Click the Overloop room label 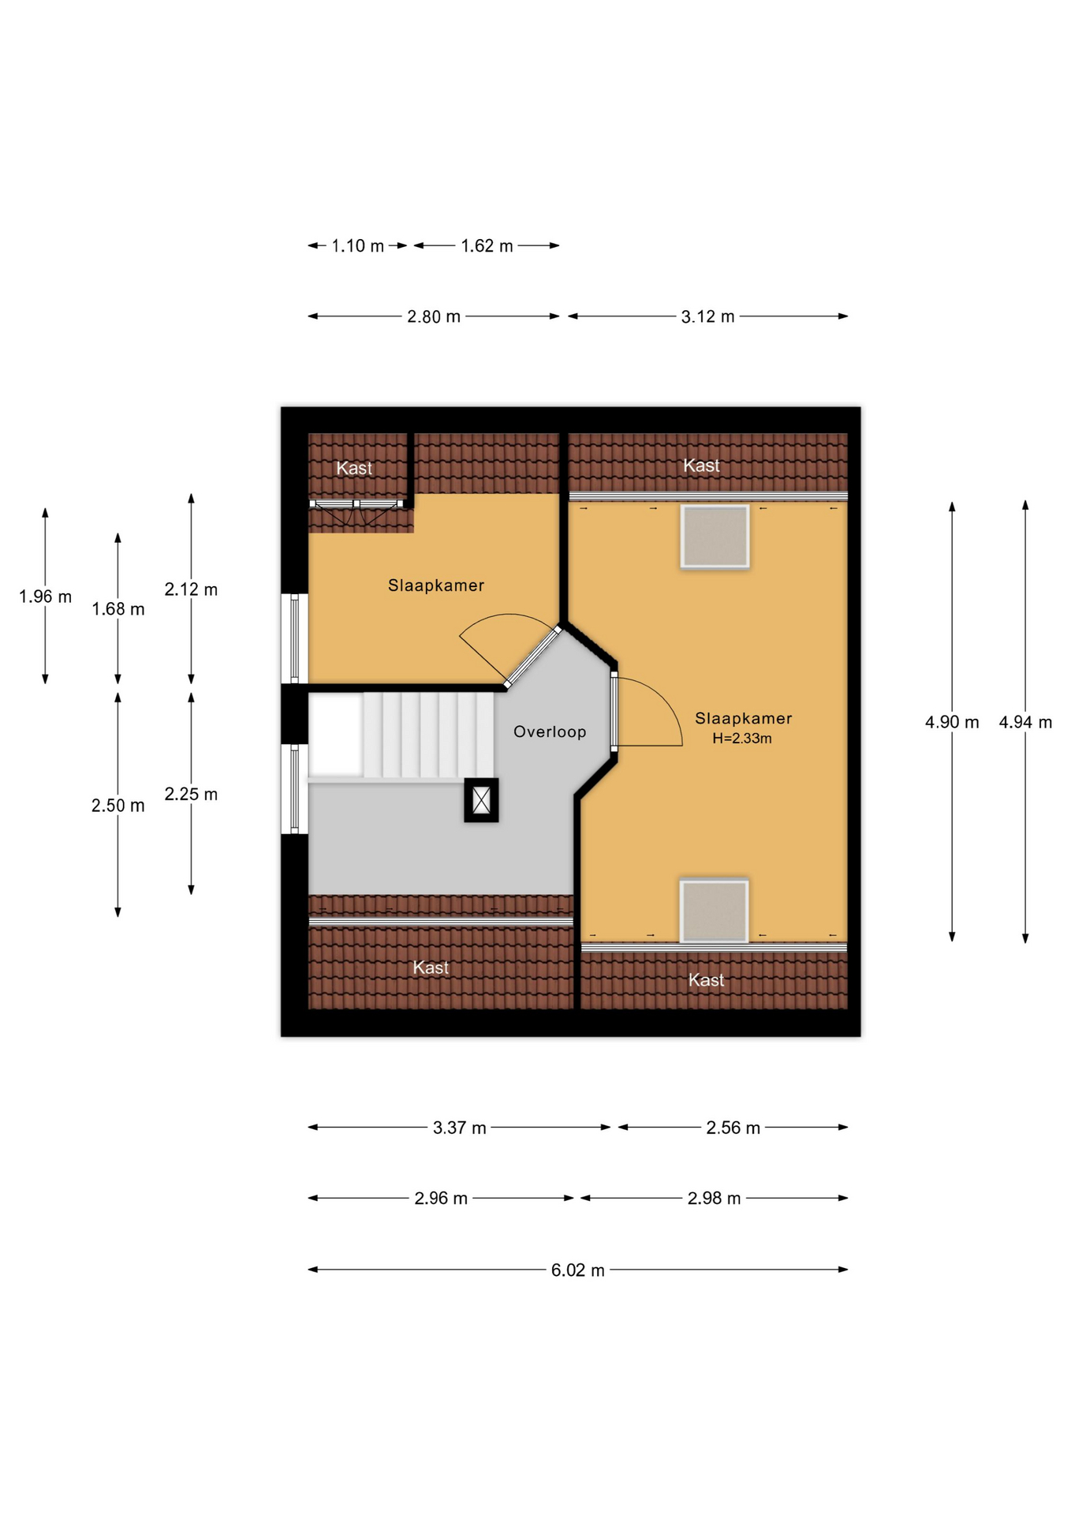[x=550, y=731]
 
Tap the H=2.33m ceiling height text [x=742, y=739]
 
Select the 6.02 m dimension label [x=577, y=1270]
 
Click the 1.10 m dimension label [x=357, y=245]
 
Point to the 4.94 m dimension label [x=1025, y=722]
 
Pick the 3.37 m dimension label [x=459, y=1128]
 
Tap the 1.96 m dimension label [x=45, y=597]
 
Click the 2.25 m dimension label [x=191, y=794]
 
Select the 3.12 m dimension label [x=707, y=316]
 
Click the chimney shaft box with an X [x=481, y=800]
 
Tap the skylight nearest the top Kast [x=715, y=537]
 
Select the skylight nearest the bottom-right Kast [x=714, y=911]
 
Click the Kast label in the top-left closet [x=354, y=468]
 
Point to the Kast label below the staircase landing [x=431, y=967]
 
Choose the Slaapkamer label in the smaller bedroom [x=436, y=585]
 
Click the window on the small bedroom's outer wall [x=294, y=638]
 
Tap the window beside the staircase [x=294, y=789]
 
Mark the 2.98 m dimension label [x=714, y=1198]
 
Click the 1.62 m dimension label [x=487, y=245]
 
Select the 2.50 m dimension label [x=118, y=805]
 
